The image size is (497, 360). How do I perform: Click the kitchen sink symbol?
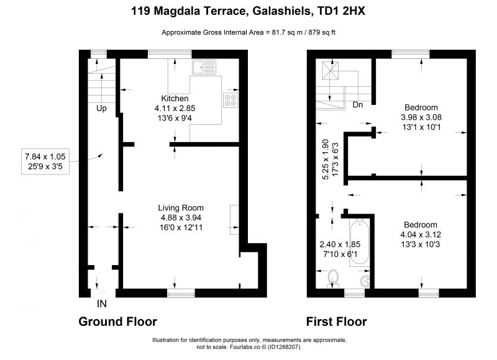[204, 68]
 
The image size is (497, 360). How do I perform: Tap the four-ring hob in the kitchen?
[230, 100]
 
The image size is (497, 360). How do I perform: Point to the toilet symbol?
[333, 279]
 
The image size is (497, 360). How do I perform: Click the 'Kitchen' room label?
[175, 99]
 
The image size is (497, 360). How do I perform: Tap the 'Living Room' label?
[181, 208]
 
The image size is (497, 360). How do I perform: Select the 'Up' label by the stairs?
[101, 109]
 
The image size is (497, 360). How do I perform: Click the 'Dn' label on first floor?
[358, 105]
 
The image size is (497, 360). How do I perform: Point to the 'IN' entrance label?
[102, 304]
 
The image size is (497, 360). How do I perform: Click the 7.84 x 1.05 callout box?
[45, 161]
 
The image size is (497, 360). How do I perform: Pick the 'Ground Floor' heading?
[117, 322]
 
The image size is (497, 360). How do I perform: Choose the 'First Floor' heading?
[336, 322]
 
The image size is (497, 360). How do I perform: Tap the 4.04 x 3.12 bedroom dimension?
[421, 235]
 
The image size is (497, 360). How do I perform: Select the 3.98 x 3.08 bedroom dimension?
[421, 117]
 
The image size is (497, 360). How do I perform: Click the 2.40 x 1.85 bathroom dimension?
[340, 245]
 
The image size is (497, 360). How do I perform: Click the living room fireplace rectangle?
[234, 220]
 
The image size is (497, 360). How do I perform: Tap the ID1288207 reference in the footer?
[284, 347]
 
